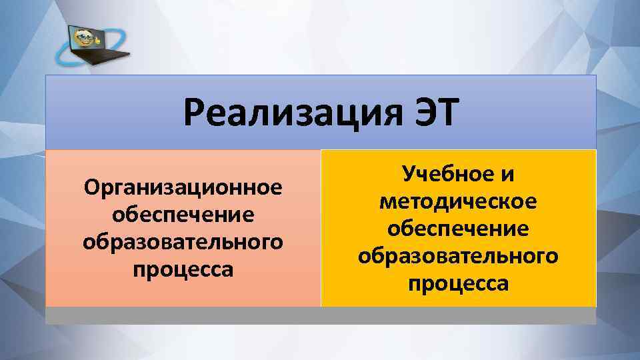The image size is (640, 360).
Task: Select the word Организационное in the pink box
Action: [183, 189]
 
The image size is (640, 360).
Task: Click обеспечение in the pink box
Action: [183, 215]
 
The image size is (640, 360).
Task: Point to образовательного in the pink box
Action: [183, 242]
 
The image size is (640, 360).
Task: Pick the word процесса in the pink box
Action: [183, 269]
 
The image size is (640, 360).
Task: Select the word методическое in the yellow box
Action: [458, 202]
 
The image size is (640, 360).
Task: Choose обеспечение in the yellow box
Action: [458, 229]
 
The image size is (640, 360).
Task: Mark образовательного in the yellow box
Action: [458, 256]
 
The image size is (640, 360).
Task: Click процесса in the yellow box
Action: [458, 283]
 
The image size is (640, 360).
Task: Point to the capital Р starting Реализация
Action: [194, 113]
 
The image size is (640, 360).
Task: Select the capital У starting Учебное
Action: [407, 175]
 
